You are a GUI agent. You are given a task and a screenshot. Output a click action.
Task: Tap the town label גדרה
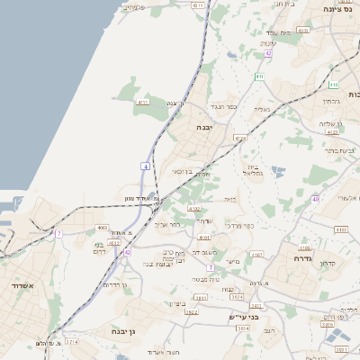(x=301, y=257)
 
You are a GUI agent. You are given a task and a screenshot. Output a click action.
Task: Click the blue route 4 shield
(x=145, y=166)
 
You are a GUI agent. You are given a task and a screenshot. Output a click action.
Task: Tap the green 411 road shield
(x=259, y=76)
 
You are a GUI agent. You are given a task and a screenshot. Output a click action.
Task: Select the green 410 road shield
(x=333, y=85)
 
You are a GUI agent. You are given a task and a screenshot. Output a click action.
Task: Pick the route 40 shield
(x=315, y=198)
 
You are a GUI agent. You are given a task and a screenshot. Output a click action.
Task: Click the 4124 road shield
(x=239, y=138)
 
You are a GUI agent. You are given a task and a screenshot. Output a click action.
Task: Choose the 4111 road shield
(x=142, y=103)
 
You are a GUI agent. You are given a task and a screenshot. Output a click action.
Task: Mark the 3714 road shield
(x=71, y=342)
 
